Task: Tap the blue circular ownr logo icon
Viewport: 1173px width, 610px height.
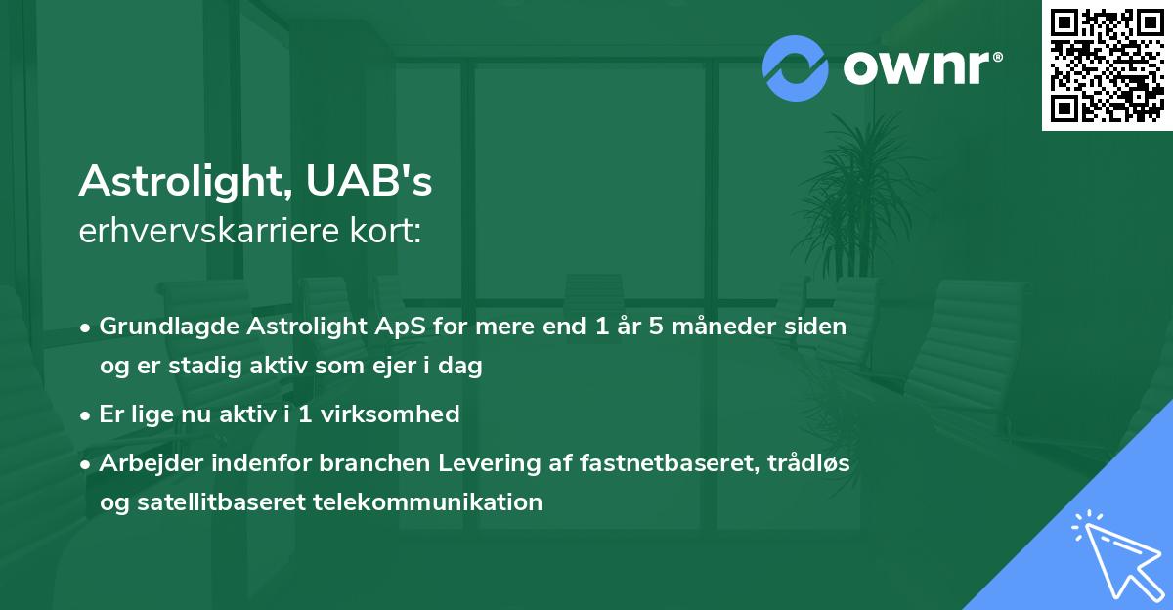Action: (796, 68)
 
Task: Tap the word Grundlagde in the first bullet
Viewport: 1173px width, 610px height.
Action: (159, 327)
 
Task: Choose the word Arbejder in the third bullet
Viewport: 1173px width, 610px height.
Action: (143, 463)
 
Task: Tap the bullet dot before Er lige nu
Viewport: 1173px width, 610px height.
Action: (87, 414)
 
